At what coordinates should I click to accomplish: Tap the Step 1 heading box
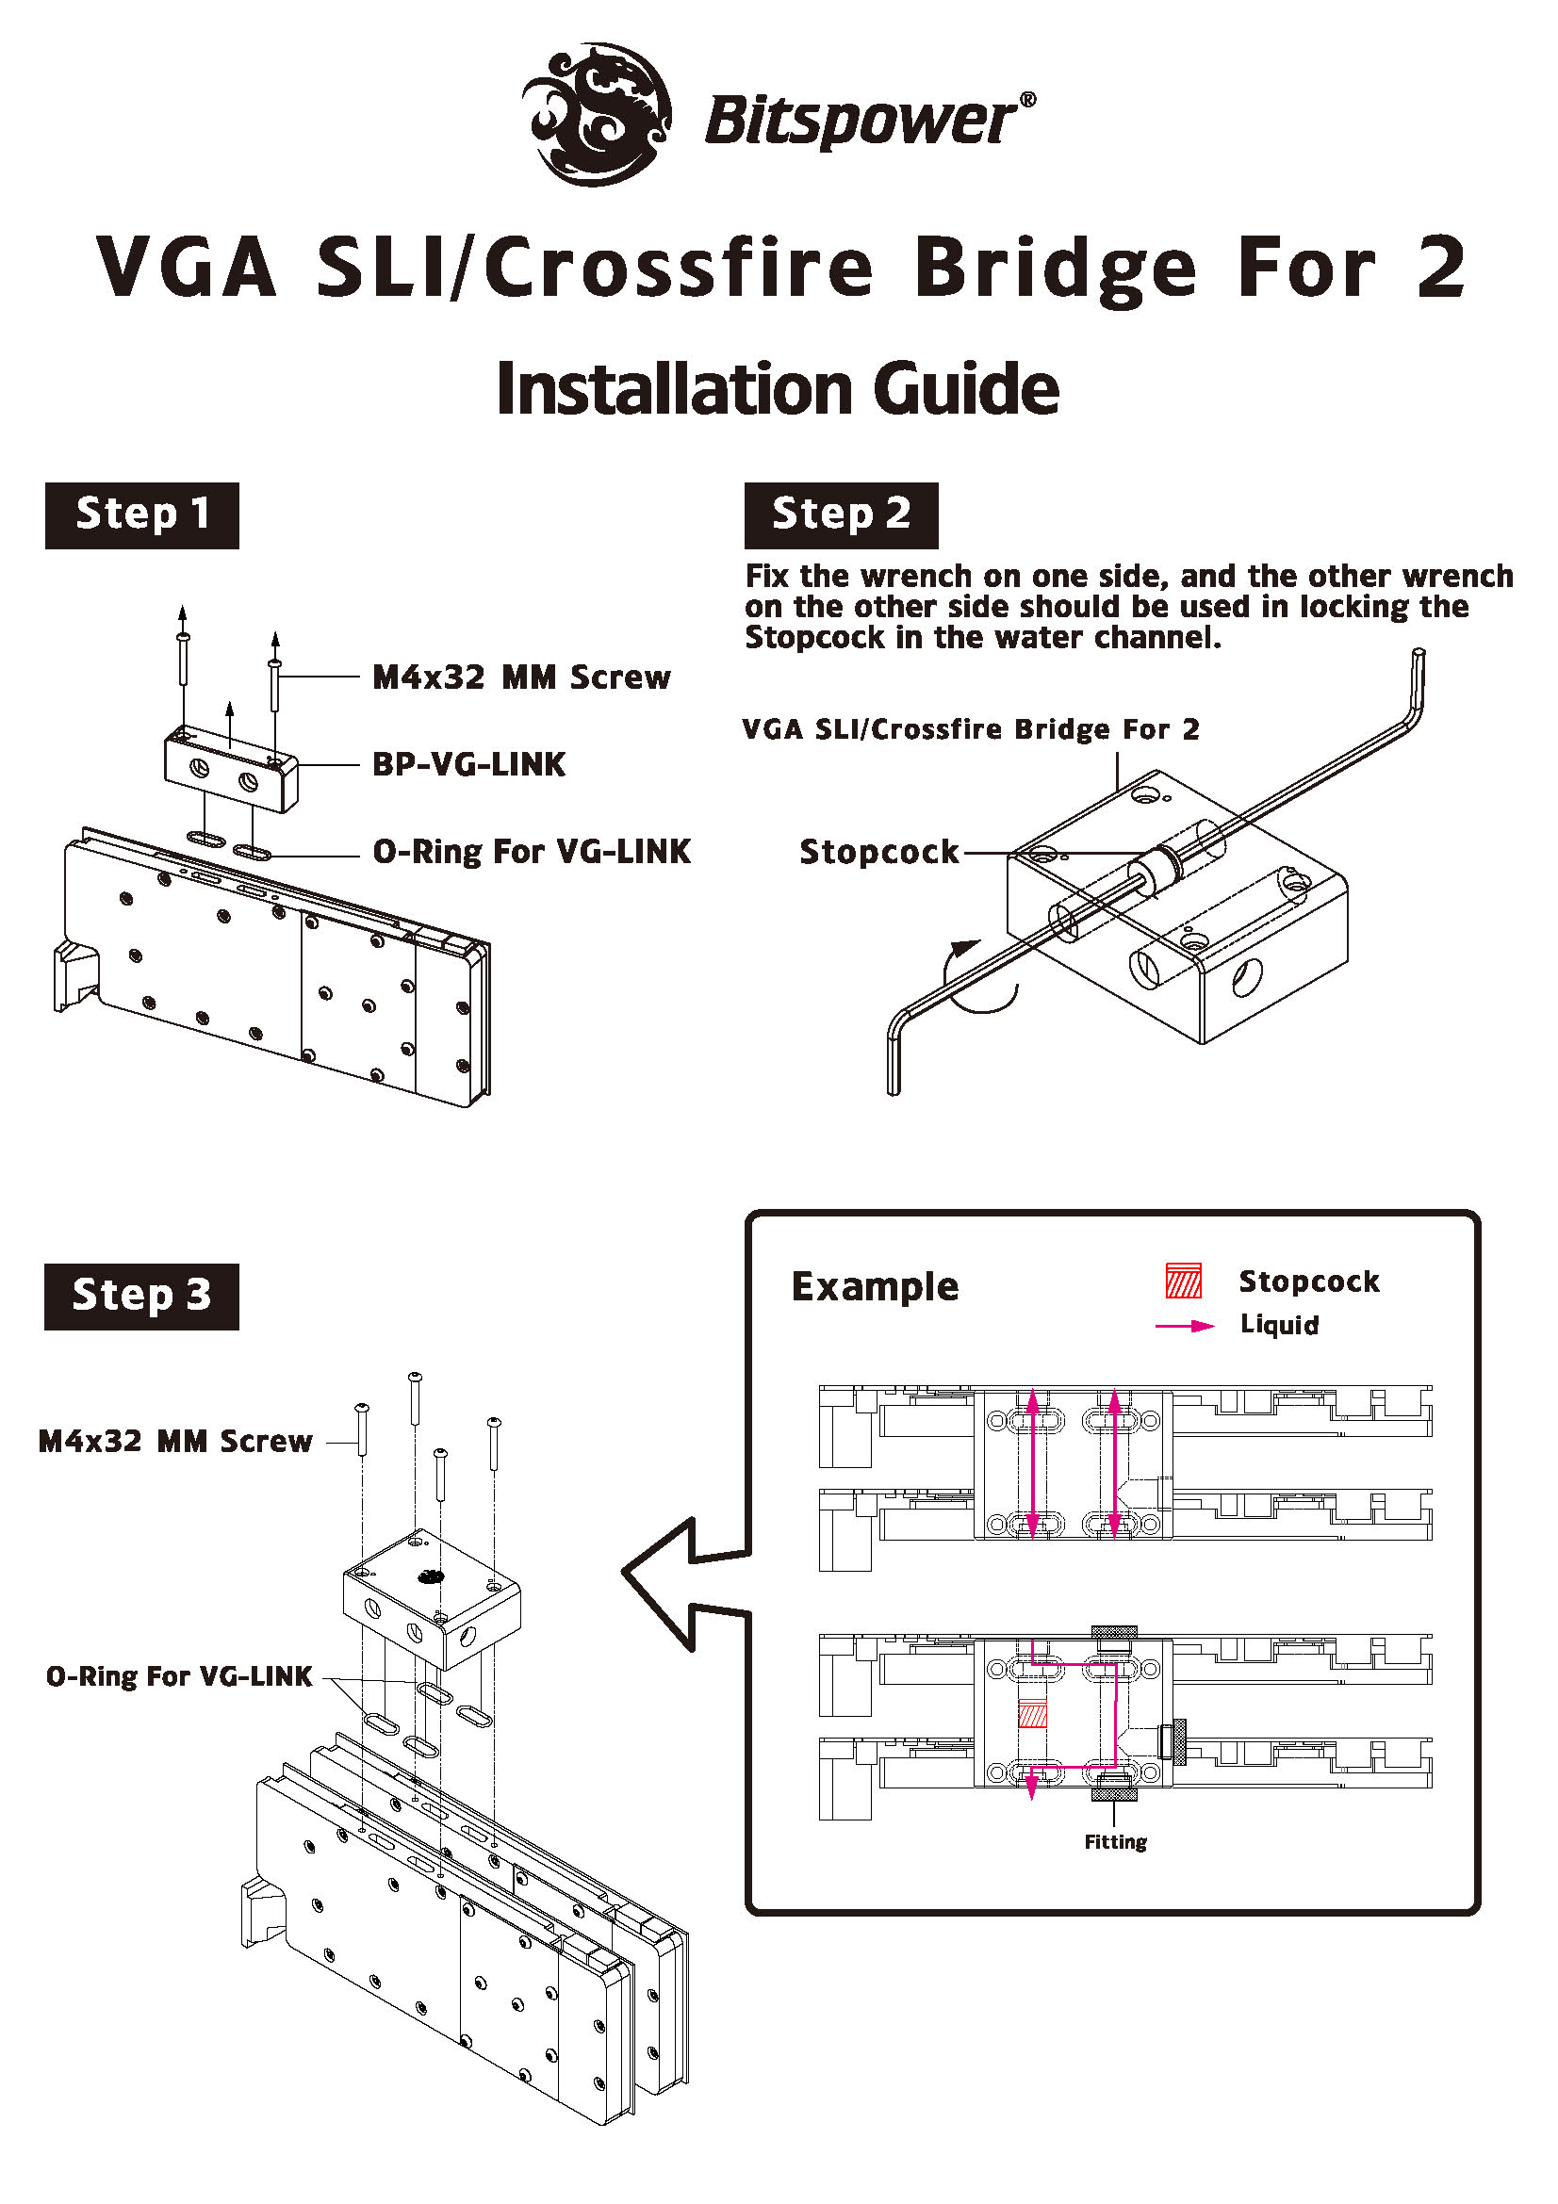coord(142,515)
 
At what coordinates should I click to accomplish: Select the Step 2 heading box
coord(841,515)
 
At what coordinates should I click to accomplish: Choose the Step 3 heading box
coord(142,1296)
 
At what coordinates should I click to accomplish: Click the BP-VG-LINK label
coord(468,765)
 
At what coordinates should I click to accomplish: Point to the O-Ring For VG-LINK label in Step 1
coord(531,852)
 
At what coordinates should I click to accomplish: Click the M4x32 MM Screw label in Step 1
coord(521,678)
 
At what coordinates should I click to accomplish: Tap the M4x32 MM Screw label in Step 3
coord(174,1442)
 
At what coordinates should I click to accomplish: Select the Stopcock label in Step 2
coord(879,853)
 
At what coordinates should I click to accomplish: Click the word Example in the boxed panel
coord(875,1287)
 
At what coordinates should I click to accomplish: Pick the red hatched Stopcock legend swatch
coord(1184,1282)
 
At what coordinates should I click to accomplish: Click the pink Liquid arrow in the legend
coord(1186,1326)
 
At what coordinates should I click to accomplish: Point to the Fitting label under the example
coord(1115,1842)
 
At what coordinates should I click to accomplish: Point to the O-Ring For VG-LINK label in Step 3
coord(179,1677)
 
